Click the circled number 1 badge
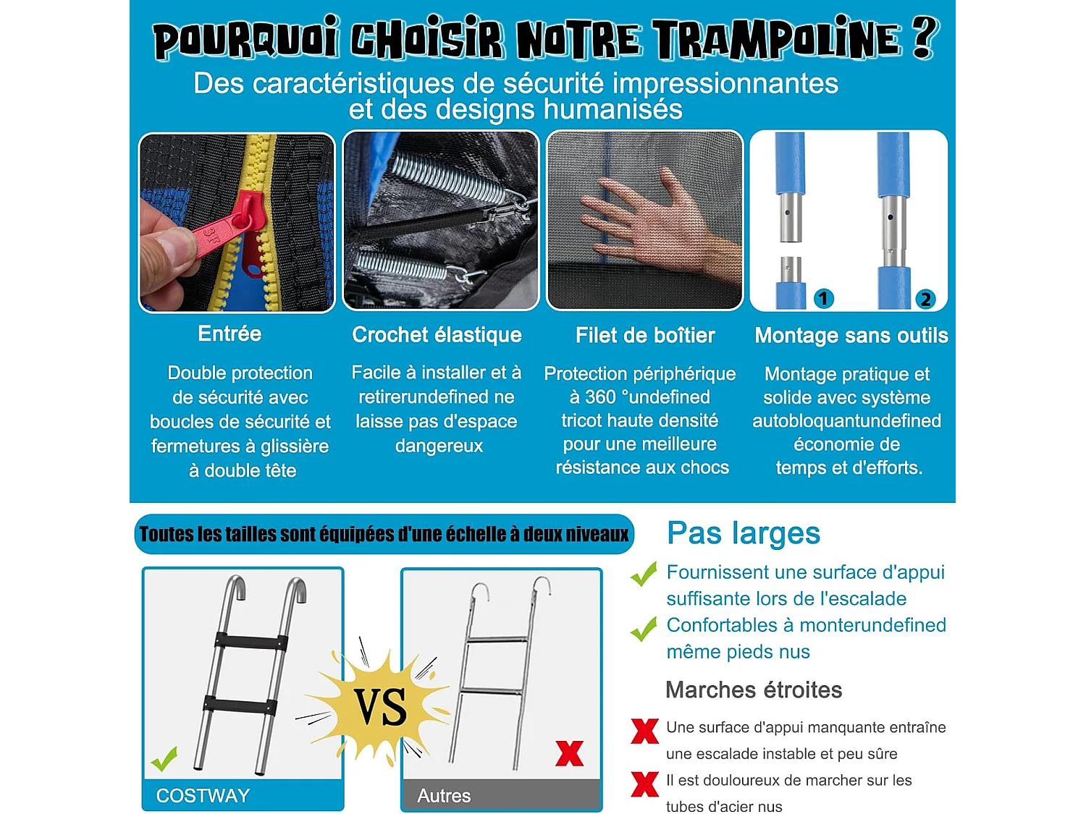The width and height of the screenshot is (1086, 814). point(823,298)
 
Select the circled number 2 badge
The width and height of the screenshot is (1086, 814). point(925,299)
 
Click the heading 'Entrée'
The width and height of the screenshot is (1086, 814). point(230,334)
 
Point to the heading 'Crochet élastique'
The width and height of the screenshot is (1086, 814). point(437,335)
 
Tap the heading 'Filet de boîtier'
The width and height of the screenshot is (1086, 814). point(644,336)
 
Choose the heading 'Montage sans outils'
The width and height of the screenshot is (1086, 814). point(851,336)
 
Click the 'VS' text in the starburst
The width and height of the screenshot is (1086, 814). point(380,707)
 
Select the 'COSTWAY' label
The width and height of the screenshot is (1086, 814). point(203,796)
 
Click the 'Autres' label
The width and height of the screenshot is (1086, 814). point(444,796)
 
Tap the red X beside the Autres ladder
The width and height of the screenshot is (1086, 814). point(570,754)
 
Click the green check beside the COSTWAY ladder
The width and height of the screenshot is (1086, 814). point(164,759)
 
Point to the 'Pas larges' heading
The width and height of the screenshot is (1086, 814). point(743,533)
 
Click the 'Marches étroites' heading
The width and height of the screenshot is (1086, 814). point(753,690)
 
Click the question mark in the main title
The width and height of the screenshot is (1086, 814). point(924,38)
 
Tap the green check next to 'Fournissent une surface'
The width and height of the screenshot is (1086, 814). point(644,575)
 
